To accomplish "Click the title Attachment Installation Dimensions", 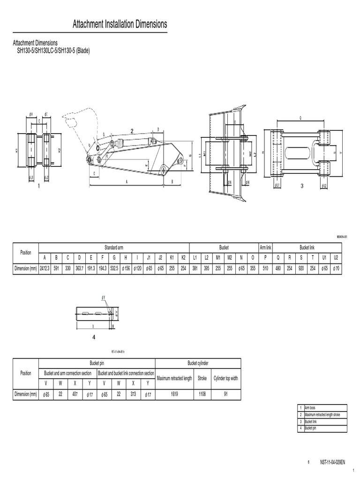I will [x=120, y=24].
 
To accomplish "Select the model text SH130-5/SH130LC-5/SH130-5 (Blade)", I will [x=53, y=50].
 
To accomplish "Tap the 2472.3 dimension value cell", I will [x=45, y=269].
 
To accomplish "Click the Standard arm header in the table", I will [x=113, y=247].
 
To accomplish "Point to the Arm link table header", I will [x=265, y=247].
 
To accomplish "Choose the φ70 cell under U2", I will [x=336, y=269].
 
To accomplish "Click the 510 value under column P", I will [x=265, y=269].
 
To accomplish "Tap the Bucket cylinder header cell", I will [x=197, y=363].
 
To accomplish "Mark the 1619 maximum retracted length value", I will [x=174, y=394].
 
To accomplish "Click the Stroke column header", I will [x=202, y=378].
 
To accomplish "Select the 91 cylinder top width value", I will [x=225, y=394].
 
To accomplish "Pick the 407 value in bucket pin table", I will [x=75, y=394].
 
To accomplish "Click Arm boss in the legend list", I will [x=310, y=407].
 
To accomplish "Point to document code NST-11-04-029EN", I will [x=332, y=462].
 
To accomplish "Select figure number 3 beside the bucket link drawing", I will [x=302, y=186].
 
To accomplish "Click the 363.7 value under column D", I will [x=80, y=269].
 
